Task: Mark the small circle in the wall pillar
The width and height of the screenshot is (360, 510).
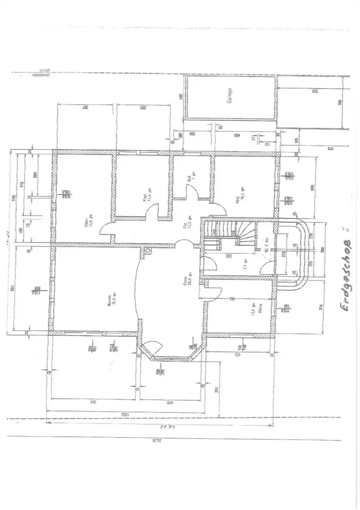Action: point(147,250)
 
